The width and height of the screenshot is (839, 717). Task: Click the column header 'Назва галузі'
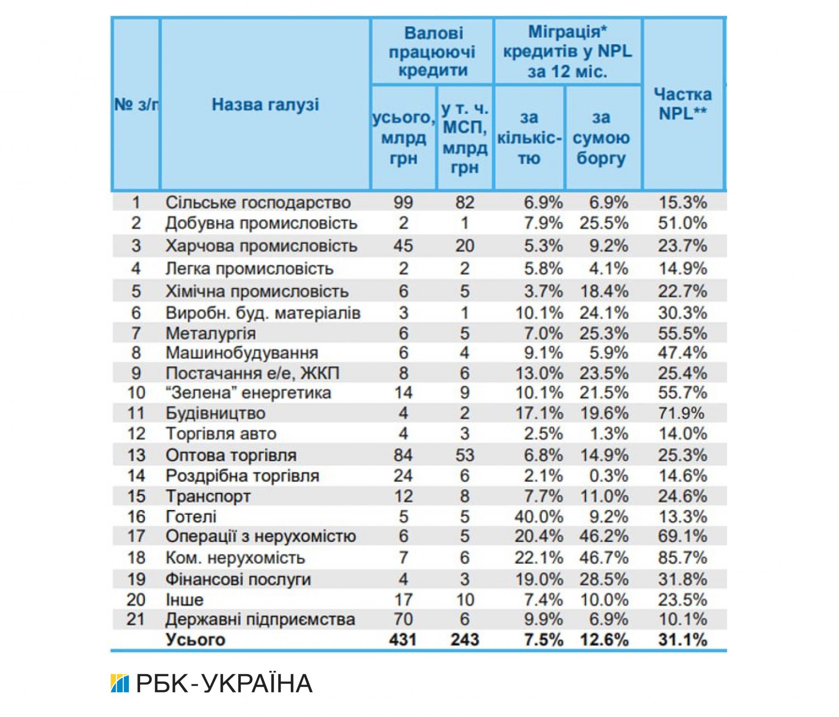click(x=265, y=105)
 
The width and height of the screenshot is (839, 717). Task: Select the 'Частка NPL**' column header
click(x=682, y=104)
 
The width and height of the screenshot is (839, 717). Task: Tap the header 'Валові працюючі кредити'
click(x=432, y=51)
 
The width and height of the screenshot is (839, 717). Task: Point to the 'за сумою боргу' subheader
click(x=601, y=138)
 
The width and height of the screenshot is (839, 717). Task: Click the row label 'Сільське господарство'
click(x=258, y=203)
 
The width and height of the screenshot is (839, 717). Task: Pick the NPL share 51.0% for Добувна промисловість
click(x=682, y=223)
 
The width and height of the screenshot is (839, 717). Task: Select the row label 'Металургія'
click(x=211, y=333)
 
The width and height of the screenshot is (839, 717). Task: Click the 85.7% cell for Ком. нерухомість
click(x=682, y=557)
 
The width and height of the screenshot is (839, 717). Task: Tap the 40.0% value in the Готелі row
click(x=538, y=516)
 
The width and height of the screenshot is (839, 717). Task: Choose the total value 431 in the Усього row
click(x=403, y=639)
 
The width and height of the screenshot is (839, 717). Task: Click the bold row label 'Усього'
click(x=196, y=639)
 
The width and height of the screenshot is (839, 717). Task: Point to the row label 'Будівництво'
click(x=216, y=413)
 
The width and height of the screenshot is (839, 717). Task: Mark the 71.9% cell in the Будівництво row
click(x=681, y=413)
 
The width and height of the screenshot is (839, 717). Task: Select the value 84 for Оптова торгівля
click(x=403, y=455)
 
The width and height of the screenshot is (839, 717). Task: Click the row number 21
click(x=136, y=619)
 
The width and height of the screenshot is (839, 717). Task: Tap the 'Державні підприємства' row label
click(x=260, y=619)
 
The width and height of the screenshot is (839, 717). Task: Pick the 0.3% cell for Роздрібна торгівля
click(x=609, y=476)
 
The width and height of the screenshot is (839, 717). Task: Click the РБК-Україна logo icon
click(x=120, y=683)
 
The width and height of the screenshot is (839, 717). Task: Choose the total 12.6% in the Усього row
click(x=604, y=639)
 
